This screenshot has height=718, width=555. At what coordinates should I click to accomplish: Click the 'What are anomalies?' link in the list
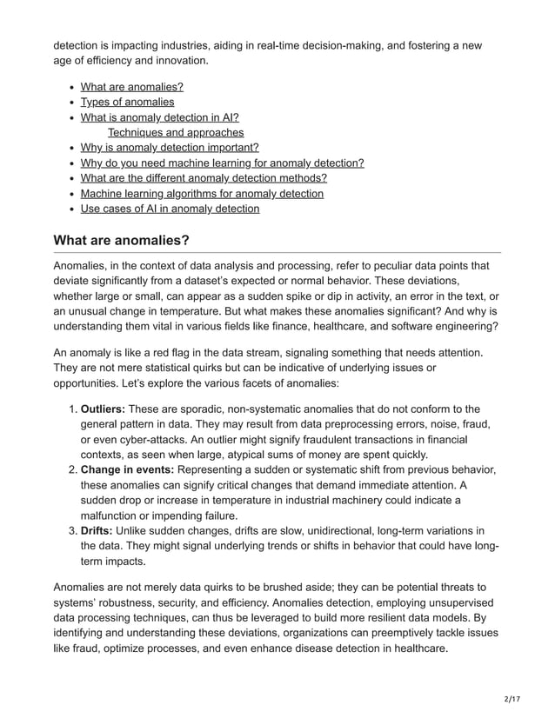coord(131,87)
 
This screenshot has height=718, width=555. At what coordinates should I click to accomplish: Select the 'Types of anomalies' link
coord(127,102)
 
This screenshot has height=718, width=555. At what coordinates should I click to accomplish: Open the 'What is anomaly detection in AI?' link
coord(159,117)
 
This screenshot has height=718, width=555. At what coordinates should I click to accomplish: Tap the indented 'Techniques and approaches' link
coord(175,132)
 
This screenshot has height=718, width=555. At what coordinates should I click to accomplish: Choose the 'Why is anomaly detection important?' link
coord(170,148)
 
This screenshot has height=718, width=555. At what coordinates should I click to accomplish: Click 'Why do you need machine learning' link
coord(222,163)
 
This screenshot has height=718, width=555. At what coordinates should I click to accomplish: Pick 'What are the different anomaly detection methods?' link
coord(204,178)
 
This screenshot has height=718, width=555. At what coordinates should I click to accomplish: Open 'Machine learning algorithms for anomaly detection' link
coord(202,193)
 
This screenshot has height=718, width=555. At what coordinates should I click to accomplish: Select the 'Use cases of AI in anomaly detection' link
coord(170,209)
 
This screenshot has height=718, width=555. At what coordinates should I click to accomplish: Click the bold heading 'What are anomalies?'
coord(121,240)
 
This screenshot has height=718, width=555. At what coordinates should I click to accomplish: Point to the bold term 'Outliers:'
coord(103,409)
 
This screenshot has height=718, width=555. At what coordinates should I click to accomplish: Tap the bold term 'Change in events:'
coord(127,469)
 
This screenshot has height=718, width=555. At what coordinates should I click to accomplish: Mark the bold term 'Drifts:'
coord(97,530)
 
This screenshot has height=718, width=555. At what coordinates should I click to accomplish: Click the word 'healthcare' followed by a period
coord(418,648)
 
